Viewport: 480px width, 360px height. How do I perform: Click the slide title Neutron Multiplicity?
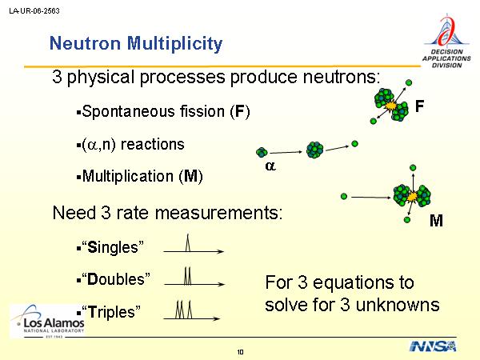(x=136, y=43)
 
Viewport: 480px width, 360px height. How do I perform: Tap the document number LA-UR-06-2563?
(x=34, y=11)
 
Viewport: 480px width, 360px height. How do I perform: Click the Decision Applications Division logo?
(x=446, y=41)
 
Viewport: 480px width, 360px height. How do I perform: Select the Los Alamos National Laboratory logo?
(x=47, y=321)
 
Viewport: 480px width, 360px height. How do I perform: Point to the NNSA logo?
(x=433, y=346)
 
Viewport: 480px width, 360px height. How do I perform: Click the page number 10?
(x=240, y=352)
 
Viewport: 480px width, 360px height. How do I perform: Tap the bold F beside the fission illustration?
(x=419, y=106)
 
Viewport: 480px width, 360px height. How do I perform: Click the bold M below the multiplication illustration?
(x=436, y=221)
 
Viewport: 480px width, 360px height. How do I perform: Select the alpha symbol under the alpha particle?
(x=270, y=166)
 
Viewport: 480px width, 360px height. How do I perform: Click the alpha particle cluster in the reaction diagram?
(x=262, y=152)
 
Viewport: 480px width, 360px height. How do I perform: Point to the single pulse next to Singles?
(x=188, y=242)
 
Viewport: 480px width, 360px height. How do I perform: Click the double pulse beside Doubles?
(x=188, y=276)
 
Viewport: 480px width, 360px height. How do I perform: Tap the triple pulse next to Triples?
(x=184, y=310)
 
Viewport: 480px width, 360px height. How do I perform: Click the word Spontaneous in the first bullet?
(x=154, y=111)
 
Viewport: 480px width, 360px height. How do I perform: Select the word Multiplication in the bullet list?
(x=128, y=176)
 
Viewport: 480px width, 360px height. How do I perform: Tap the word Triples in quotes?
(x=111, y=312)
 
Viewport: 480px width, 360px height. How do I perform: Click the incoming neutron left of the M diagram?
(x=344, y=196)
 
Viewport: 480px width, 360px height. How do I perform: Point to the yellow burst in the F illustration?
(x=390, y=106)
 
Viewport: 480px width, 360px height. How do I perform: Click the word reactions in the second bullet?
(x=153, y=144)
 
